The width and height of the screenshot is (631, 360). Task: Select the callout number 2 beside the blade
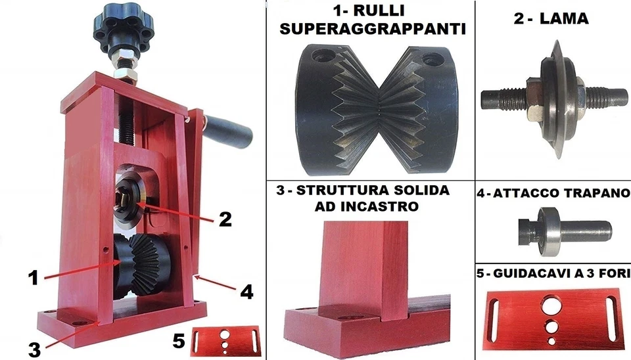(225, 219)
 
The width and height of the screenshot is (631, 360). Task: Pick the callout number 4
(246, 291)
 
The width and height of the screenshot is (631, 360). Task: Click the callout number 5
(177, 340)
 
